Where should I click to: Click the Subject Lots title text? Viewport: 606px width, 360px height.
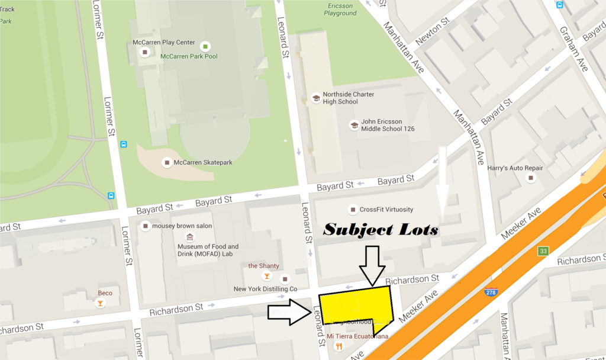click(380, 229)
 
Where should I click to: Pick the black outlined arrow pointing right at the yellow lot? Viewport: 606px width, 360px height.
click(289, 313)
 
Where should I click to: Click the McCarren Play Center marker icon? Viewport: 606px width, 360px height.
click(144, 52)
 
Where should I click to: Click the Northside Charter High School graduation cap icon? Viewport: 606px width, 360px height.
click(315, 98)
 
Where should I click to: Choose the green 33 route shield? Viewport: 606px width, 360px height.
click(543, 251)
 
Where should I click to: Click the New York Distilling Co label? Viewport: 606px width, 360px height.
click(265, 289)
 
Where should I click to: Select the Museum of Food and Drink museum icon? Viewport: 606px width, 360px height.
click(189, 237)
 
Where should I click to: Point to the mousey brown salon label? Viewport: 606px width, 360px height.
click(182, 226)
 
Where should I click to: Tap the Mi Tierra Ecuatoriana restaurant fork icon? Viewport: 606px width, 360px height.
click(339, 346)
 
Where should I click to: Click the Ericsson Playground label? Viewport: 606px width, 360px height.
click(340, 9)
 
